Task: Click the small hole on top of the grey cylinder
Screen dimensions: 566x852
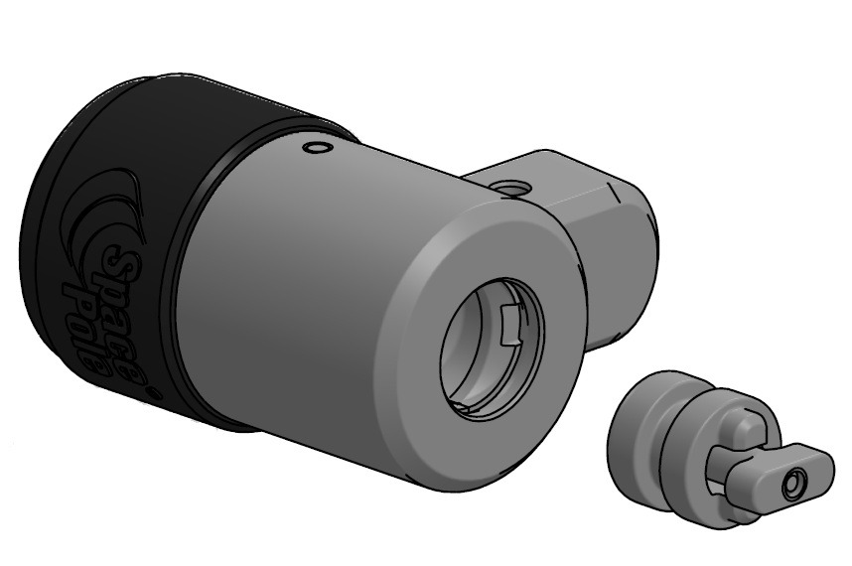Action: [317, 149]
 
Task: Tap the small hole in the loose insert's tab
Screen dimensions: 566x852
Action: [791, 486]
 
